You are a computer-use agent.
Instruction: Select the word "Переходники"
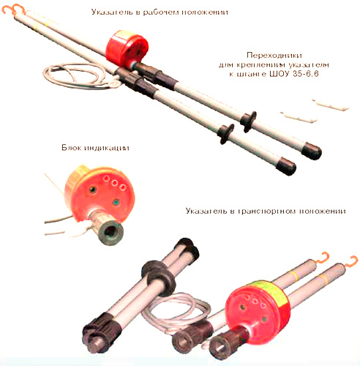coord(274,56)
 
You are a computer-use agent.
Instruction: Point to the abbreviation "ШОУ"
coord(280,74)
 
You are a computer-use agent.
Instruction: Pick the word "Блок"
coord(71,148)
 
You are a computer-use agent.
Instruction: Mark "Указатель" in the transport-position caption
coord(206,211)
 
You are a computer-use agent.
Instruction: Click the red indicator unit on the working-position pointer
coord(127,48)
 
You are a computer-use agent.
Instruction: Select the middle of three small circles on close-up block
coord(114,182)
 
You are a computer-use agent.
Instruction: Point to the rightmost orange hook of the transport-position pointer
coord(351,261)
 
